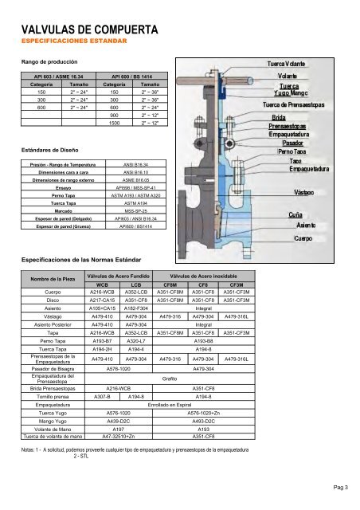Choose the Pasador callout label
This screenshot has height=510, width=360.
coord(285,143)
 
